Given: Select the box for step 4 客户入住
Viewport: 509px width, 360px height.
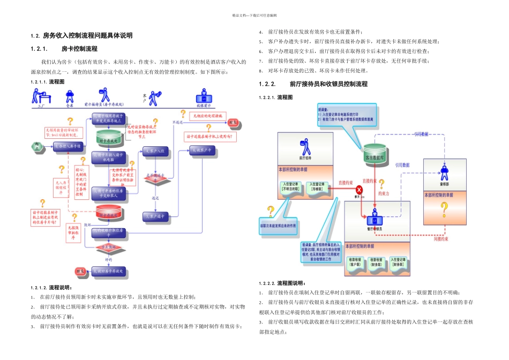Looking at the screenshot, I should coord(156,151).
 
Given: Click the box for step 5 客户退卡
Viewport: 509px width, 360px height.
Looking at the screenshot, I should coord(156,216).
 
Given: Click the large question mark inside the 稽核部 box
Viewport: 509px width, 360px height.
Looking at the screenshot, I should coord(444,210).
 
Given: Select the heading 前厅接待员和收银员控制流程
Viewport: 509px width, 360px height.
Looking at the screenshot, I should coord(328,84).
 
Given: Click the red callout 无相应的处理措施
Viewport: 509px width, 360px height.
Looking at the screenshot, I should coord(207,115).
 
